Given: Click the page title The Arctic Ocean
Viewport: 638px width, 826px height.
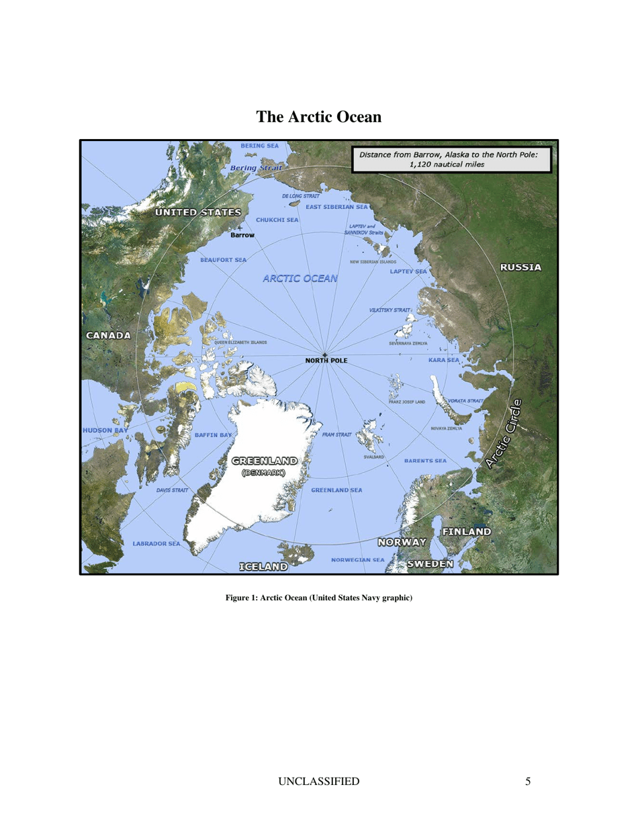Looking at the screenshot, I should point(319,118).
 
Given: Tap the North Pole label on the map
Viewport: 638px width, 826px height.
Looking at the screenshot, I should point(326,361).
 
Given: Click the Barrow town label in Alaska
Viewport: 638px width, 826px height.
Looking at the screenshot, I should point(242,236).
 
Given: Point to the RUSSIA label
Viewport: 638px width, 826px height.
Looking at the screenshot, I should point(520,267).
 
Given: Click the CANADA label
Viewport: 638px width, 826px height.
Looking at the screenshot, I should point(107,335).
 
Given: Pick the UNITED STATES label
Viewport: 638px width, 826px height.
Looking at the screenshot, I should point(198,212).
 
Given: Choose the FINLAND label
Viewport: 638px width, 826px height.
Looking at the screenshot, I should point(466,531).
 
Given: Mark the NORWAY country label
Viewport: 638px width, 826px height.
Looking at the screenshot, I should point(402,542).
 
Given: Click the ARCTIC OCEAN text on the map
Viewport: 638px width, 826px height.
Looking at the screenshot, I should point(300,278).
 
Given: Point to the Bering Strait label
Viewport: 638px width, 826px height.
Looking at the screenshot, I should point(255,167).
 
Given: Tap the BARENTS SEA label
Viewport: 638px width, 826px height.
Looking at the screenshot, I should point(425,461).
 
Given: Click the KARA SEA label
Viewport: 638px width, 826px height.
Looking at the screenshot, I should point(443,361).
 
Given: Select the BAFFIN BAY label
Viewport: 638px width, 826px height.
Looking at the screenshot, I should point(213,435).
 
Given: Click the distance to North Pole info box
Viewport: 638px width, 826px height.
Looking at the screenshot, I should point(451,158).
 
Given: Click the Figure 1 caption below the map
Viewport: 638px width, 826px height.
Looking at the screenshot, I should point(319,598).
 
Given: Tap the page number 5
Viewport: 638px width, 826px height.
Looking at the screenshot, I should point(529,781).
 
